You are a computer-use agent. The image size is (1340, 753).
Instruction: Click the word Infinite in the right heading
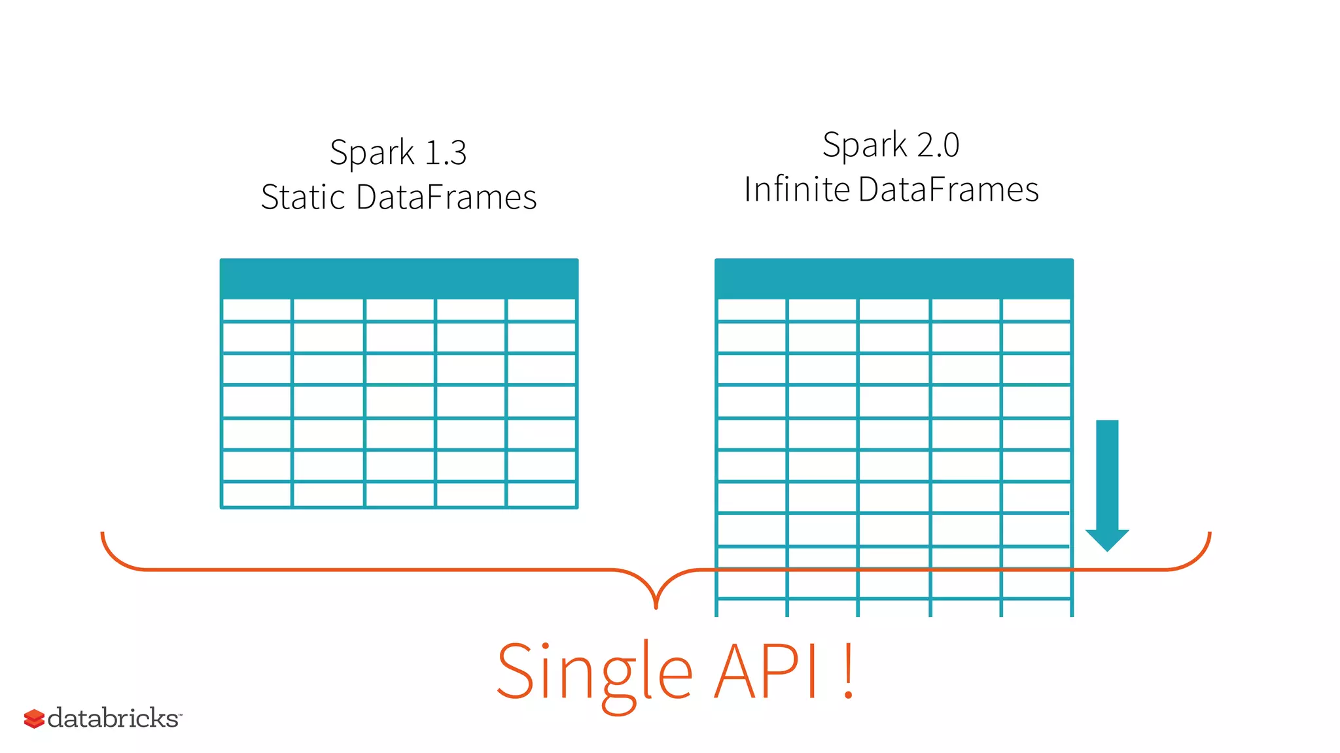click(796, 190)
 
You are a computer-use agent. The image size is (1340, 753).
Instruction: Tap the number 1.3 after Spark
click(446, 153)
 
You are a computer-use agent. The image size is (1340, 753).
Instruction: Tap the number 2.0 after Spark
click(938, 145)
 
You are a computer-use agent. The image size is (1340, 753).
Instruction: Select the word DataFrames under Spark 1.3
click(446, 197)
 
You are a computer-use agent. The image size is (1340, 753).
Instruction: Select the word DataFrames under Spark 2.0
click(948, 190)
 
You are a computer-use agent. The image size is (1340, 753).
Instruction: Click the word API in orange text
click(766, 672)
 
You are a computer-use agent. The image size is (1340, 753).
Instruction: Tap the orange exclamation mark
click(848, 672)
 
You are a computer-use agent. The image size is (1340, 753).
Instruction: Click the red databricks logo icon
click(34, 718)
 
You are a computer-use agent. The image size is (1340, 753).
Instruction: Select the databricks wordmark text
click(113, 718)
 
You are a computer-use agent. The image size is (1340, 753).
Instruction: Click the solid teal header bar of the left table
click(399, 278)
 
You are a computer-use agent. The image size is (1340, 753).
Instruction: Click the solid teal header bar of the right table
click(894, 278)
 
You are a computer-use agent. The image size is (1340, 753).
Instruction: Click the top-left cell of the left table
click(257, 310)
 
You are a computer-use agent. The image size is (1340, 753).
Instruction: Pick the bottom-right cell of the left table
click(541, 494)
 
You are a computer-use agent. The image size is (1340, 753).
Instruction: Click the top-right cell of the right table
click(1036, 310)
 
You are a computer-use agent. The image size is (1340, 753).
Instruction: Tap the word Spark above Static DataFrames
click(372, 153)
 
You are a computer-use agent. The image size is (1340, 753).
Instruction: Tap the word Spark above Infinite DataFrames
click(864, 145)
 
